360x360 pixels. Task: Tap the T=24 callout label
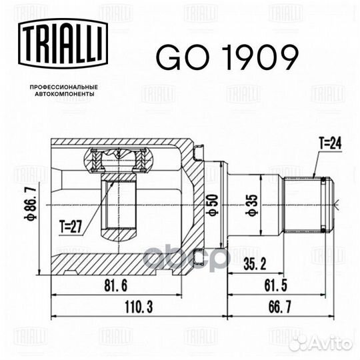[x=329, y=142]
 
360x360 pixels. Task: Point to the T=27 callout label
[x=80, y=225]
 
